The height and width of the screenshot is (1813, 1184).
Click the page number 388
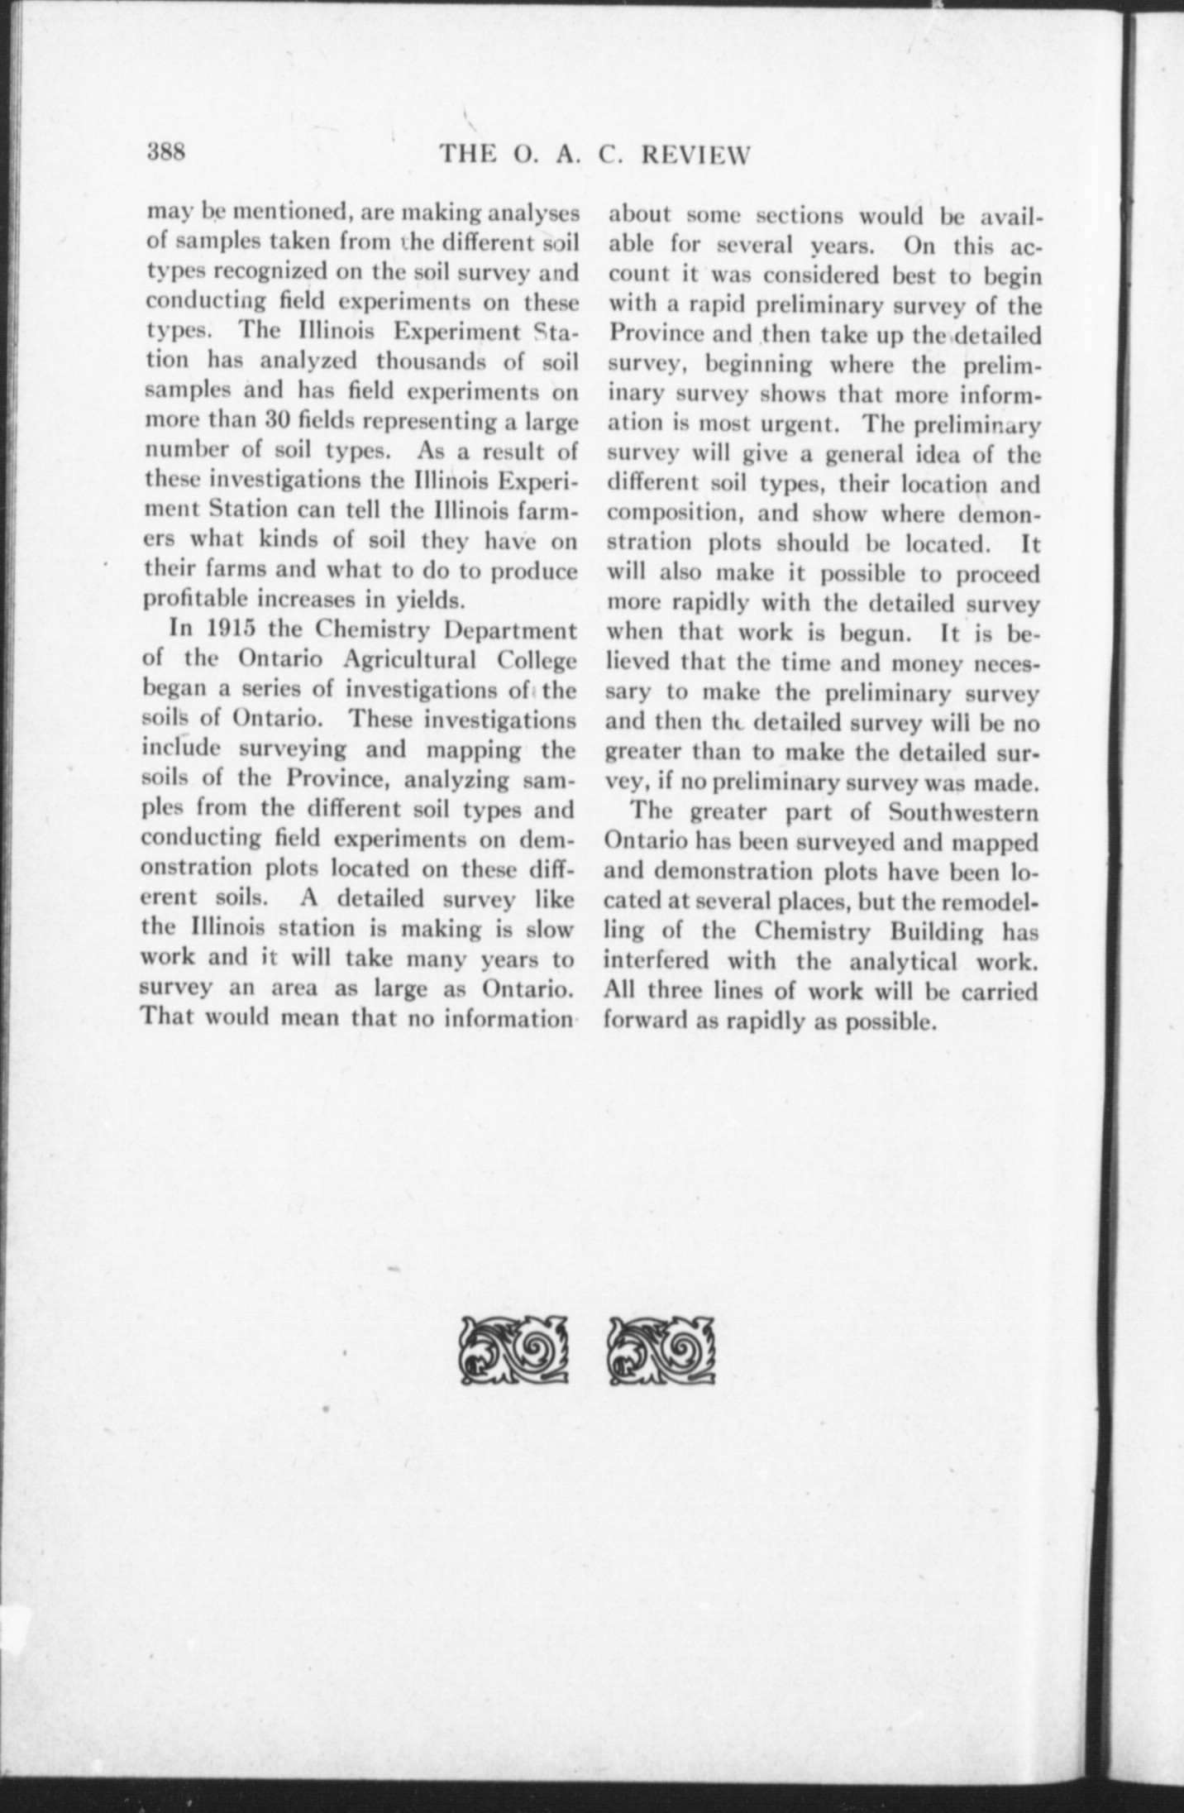tap(169, 153)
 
